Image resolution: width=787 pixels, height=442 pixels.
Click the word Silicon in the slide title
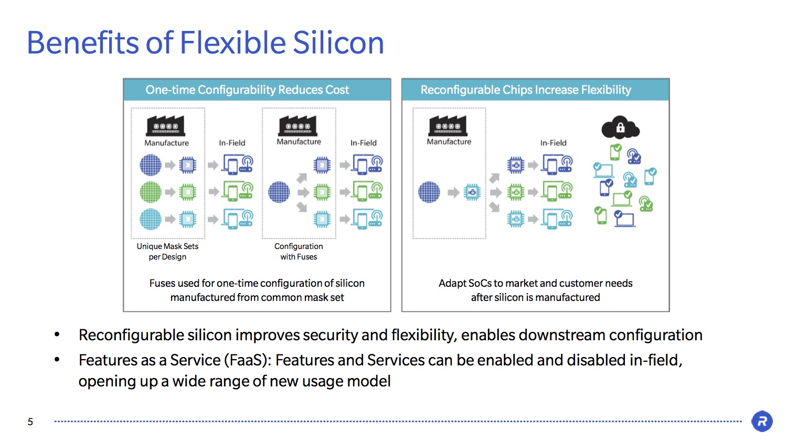[x=338, y=42]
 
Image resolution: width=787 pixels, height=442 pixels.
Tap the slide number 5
[x=30, y=422]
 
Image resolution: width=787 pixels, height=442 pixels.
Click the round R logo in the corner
[x=762, y=421]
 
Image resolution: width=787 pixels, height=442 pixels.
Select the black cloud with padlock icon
[x=621, y=127]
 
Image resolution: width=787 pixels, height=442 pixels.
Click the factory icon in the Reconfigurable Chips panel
[x=448, y=126]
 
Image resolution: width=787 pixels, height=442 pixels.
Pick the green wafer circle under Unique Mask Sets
[x=151, y=192]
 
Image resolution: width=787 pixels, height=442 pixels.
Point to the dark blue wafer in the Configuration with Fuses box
[x=279, y=192]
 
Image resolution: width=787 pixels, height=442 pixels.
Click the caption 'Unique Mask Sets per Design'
[x=167, y=251]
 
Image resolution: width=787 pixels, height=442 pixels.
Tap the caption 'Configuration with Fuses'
[x=299, y=251]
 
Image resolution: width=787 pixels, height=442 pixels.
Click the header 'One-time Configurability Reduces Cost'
[x=247, y=90]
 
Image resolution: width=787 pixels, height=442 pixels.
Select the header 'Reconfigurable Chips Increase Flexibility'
[x=526, y=90]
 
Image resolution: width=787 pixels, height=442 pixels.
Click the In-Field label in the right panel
[x=554, y=143]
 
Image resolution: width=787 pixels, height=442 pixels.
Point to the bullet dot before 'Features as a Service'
[x=57, y=360]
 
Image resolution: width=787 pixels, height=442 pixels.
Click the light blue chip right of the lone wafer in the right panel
[x=472, y=192]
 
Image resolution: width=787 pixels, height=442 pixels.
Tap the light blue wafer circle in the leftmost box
[x=151, y=219]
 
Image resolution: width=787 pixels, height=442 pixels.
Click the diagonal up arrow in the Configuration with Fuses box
[x=302, y=178]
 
